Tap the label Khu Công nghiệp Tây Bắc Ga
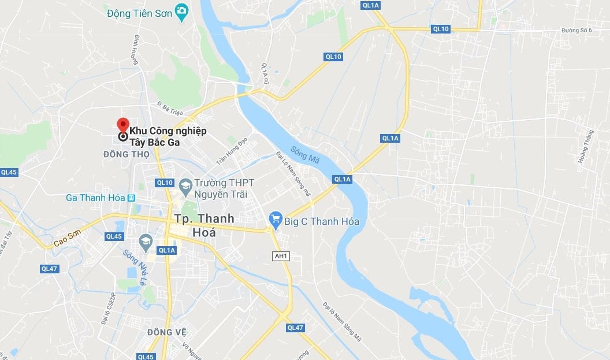(x=168, y=136)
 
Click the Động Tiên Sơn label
(x=140, y=13)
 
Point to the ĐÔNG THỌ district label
(x=127, y=154)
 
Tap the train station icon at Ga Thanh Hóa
(x=132, y=198)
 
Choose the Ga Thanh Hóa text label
(x=95, y=198)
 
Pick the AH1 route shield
(x=280, y=255)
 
